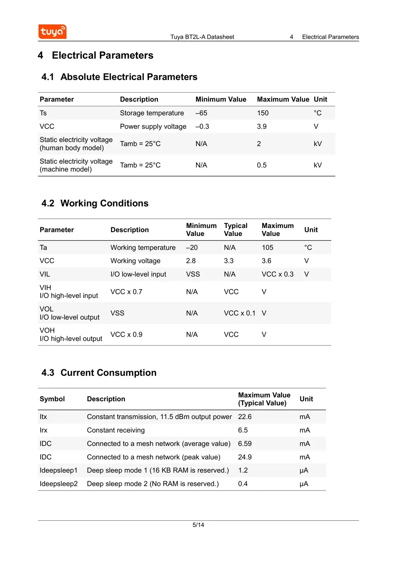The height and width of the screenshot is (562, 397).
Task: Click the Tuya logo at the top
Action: pyautogui.click(x=53, y=32)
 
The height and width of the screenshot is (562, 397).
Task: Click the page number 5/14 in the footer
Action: pyautogui.click(x=198, y=525)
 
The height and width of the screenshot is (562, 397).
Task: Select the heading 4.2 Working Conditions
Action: pyautogui.click(x=95, y=203)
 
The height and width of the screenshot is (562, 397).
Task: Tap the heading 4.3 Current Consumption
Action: pyautogui.click(x=99, y=373)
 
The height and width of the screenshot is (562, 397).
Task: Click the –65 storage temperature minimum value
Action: pyautogui.click(x=201, y=113)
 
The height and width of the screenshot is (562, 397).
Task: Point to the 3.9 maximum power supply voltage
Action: pyautogui.click(x=261, y=126)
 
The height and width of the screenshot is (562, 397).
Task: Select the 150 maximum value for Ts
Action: pyautogui.click(x=263, y=113)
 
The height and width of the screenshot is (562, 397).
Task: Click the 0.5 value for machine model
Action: pyautogui.click(x=261, y=165)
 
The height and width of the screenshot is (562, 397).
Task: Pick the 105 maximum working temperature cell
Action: pyautogui.click(x=267, y=248)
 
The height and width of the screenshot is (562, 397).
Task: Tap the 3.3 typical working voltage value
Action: pyautogui.click(x=229, y=261)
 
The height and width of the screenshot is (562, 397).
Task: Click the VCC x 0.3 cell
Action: pyautogui.click(x=277, y=274)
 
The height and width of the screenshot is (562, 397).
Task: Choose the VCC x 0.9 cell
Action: pyautogui.click(x=126, y=334)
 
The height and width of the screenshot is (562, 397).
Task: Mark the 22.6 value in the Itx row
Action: pyautogui.click(x=245, y=417)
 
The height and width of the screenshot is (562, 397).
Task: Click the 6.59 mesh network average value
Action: pyautogui.click(x=245, y=444)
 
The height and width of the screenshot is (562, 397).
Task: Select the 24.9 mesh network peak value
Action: pyautogui.click(x=245, y=457)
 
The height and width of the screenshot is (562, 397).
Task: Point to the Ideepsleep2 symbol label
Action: pyautogui.click(x=59, y=484)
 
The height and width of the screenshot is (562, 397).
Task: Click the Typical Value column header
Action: pyautogui.click(x=235, y=230)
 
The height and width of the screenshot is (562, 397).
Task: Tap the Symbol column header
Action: pyautogui.click(x=52, y=399)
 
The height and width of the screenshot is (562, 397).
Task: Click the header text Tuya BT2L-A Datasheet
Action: pyautogui.click(x=202, y=37)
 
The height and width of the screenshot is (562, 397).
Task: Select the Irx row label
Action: pyautogui.click(x=43, y=430)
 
